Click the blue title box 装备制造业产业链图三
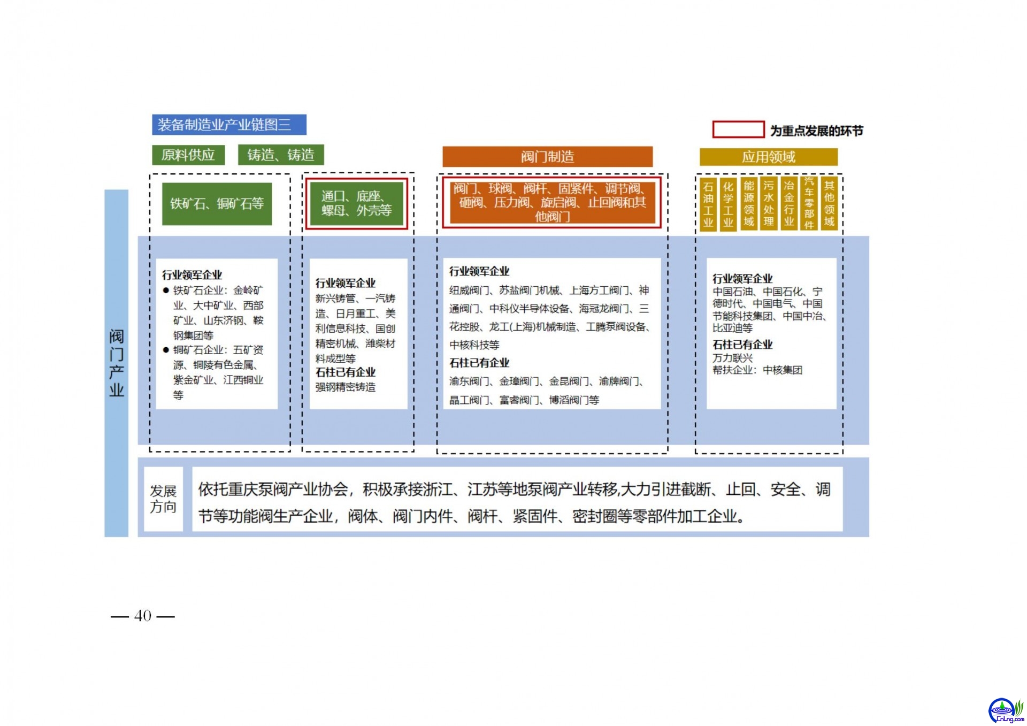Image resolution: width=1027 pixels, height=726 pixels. click(x=229, y=125)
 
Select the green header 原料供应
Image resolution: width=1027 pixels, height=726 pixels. click(x=188, y=155)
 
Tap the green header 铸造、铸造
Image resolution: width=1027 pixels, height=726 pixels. click(x=281, y=155)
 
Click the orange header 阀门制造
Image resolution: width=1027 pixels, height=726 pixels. click(x=547, y=157)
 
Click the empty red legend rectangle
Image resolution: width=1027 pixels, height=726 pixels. click(x=738, y=129)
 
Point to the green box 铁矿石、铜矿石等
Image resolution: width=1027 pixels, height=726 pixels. click(x=217, y=204)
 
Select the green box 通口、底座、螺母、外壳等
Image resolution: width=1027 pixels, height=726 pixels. click(x=357, y=204)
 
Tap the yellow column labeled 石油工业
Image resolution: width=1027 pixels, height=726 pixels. click(x=708, y=204)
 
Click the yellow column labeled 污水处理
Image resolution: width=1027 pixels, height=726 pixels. click(x=769, y=204)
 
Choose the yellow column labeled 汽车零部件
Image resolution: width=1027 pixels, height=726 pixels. click(x=809, y=204)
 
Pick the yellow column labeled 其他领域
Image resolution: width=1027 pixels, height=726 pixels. click(x=829, y=204)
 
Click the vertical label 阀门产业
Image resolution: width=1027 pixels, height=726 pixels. click(x=117, y=363)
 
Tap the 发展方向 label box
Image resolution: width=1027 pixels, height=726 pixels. click(x=164, y=499)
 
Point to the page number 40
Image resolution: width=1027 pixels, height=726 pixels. click(x=143, y=616)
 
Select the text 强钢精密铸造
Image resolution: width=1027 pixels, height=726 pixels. click(x=346, y=387)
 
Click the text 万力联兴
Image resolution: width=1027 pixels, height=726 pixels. click(x=732, y=358)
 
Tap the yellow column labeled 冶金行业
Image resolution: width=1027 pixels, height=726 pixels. click(x=789, y=204)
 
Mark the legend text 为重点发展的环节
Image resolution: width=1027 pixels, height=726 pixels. click(x=816, y=131)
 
